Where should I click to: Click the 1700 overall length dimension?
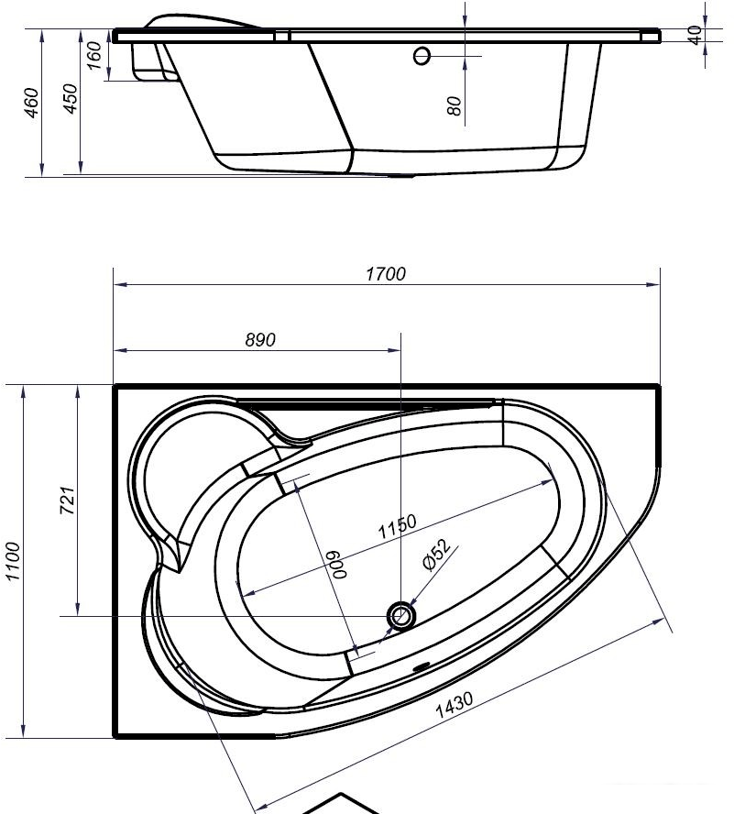[x=386, y=273]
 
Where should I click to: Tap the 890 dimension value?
[x=260, y=340]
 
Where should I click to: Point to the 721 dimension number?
[x=67, y=500]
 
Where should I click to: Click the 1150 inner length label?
[x=397, y=526]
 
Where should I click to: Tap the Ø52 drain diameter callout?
[x=436, y=555]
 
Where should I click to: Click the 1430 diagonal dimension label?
[x=454, y=705]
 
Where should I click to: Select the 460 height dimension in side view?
[x=32, y=103]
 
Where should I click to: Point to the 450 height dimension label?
[x=70, y=98]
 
